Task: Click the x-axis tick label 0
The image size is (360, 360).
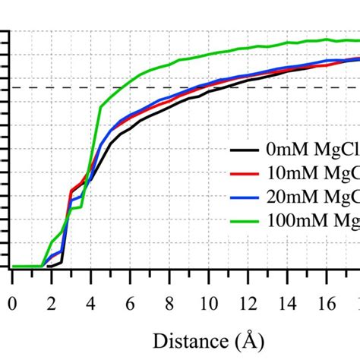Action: click(12, 302)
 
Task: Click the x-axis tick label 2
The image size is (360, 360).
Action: click(51, 302)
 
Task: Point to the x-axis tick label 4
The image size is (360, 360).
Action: click(90, 302)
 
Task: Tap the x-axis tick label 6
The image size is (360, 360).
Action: click(129, 302)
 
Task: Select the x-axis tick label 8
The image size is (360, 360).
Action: click(169, 302)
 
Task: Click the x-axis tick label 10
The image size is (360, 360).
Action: click(207, 302)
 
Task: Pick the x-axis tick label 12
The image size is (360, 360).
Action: click(247, 302)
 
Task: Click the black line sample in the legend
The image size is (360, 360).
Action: click(244, 150)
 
